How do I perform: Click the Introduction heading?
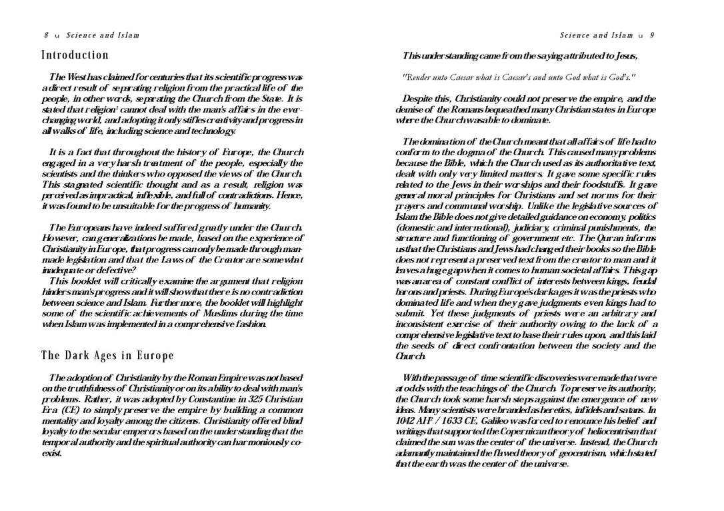point(75,55)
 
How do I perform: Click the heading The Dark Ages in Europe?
point(107,355)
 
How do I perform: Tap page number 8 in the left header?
point(47,35)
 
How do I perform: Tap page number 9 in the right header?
point(652,35)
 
